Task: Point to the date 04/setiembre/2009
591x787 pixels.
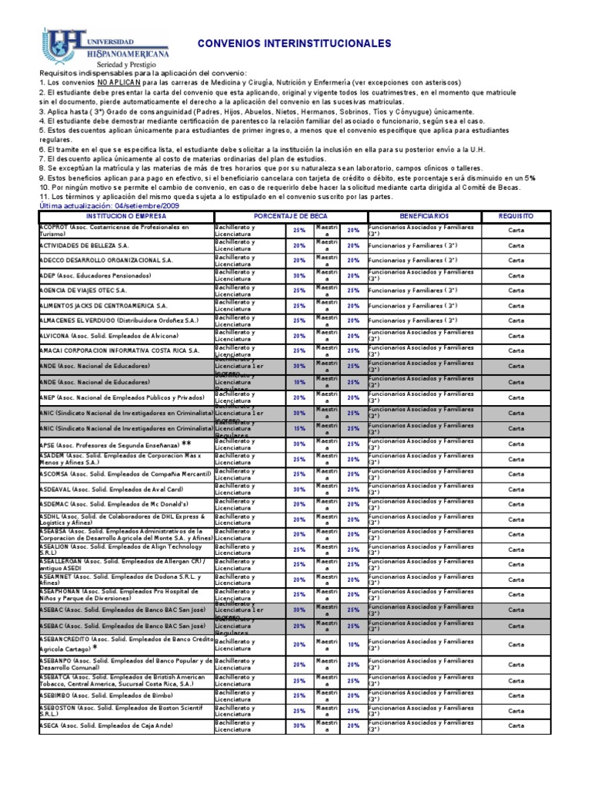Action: [x=151, y=207]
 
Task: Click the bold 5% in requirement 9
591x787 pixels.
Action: [x=530, y=178]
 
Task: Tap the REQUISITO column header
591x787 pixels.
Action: [x=515, y=217]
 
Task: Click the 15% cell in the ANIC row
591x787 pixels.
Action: [x=299, y=429]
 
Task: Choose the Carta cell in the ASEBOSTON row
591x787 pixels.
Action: [x=516, y=711]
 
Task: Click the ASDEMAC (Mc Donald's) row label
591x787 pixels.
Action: [x=111, y=503]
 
